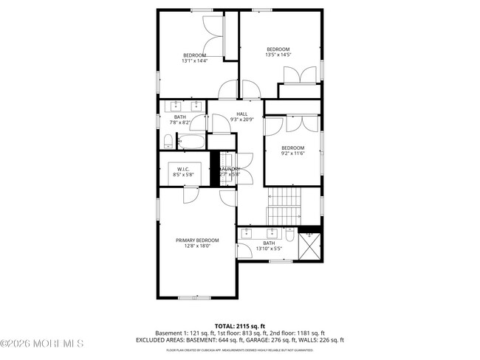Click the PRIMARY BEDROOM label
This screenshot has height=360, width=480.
pos(197,240)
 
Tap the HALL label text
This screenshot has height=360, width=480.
pos(241,113)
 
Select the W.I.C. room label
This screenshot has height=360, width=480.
pos(183,169)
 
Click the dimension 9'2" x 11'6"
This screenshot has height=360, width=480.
pos(292,153)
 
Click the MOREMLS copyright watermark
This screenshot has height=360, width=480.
pos(42,343)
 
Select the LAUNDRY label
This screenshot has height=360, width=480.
pos(230,169)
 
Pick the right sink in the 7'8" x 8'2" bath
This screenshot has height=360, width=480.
pos(196,103)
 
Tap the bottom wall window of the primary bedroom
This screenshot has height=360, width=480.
pos(189,297)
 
